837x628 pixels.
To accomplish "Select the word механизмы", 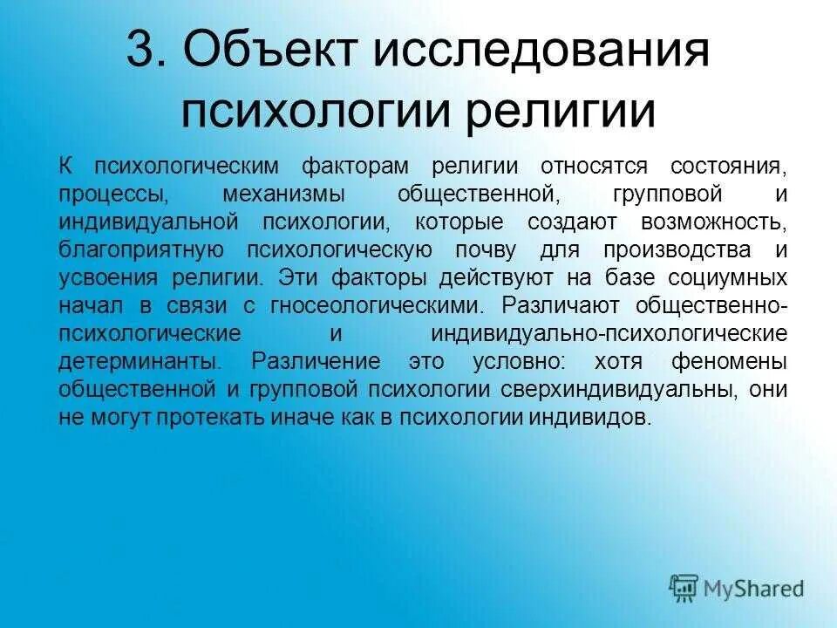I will click(298, 194).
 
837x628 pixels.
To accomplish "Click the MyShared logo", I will click(738, 587).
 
